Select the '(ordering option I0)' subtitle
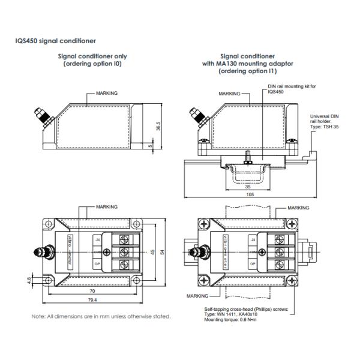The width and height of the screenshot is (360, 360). [x=92, y=64]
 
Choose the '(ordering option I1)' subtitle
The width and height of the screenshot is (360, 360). [x=251, y=71]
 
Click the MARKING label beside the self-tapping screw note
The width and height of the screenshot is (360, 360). [x=196, y=296]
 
